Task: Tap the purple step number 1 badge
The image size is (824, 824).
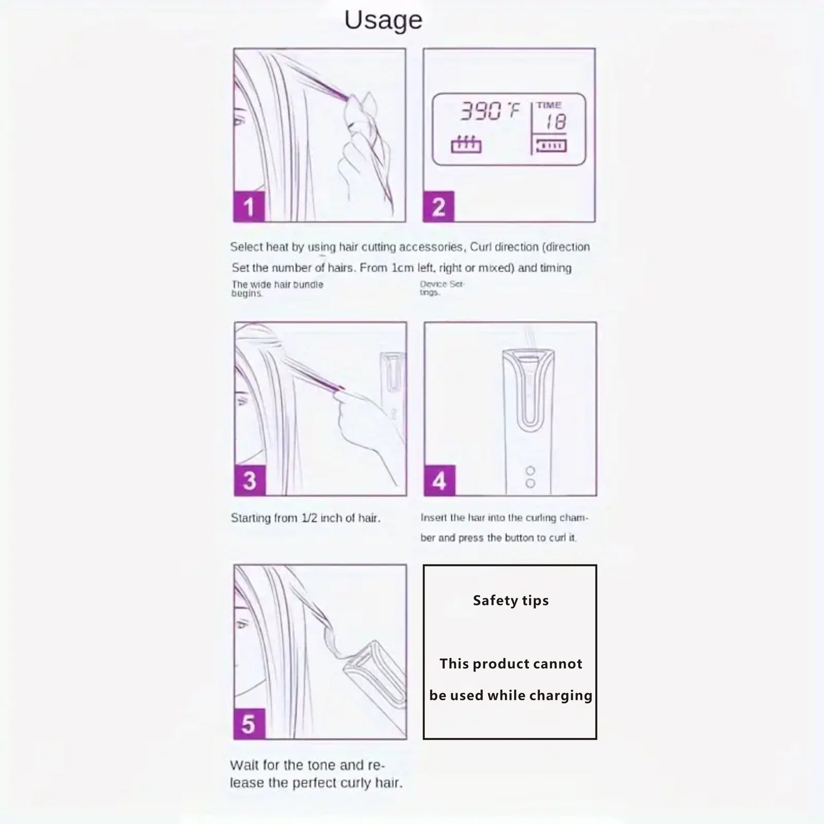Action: (249, 206)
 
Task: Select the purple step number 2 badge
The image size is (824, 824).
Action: (439, 206)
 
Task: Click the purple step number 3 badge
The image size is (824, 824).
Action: (250, 480)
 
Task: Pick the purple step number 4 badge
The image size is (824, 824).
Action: (440, 480)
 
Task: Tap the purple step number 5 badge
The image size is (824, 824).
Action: (249, 724)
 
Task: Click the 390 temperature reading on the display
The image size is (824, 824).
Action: (480, 111)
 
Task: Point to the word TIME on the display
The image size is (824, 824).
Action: (549, 105)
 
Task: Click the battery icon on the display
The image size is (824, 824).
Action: (551, 146)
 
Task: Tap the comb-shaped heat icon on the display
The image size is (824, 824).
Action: (466, 144)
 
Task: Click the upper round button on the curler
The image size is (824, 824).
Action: (530, 471)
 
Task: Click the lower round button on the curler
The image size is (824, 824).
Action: (530, 483)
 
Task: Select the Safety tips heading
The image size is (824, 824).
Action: (510, 600)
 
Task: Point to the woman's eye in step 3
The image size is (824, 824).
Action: (242, 401)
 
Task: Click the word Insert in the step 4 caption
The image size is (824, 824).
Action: (433, 518)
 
